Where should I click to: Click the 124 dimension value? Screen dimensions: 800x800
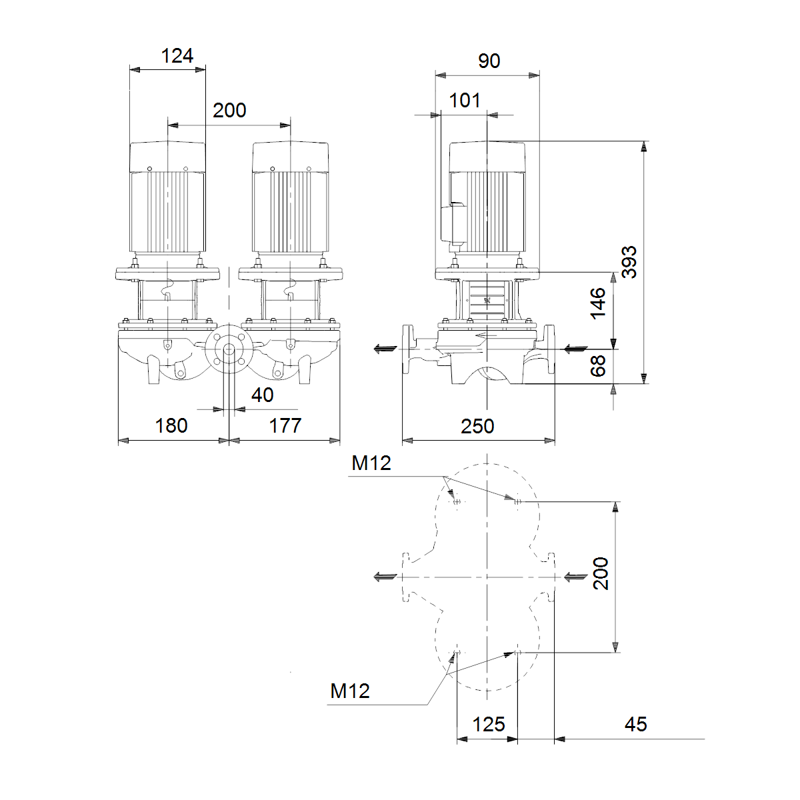pyautogui.click(x=177, y=55)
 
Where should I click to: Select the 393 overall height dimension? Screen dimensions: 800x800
pyautogui.click(x=629, y=262)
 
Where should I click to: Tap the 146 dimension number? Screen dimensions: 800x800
pyautogui.click(x=598, y=303)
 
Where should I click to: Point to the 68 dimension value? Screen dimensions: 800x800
pyautogui.click(x=598, y=366)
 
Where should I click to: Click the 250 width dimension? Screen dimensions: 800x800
pyautogui.click(x=477, y=427)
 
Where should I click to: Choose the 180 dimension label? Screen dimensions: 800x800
pyautogui.click(x=171, y=426)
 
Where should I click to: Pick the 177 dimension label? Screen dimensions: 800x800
pyautogui.click(x=285, y=426)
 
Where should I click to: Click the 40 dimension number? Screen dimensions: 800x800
pyautogui.click(x=263, y=395)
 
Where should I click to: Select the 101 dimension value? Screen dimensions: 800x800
pyautogui.click(x=465, y=101)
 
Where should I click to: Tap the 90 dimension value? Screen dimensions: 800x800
pyautogui.click(x=489, y=61)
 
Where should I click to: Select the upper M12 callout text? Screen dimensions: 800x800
pyautogui.click(x=371, y=463)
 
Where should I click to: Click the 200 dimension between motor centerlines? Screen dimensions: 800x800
pyautogui.click(x=229, y=111)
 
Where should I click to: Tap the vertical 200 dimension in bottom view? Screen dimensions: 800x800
pyautogui.click(x=601, y=573)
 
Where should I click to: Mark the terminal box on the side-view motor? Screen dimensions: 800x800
pyautogui.click(x=453, y=224)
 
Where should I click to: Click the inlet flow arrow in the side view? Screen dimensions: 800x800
pyautogui.click(x=576, y=349)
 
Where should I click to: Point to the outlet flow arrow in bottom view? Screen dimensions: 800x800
pyautogui.click(x=385, y=577)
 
